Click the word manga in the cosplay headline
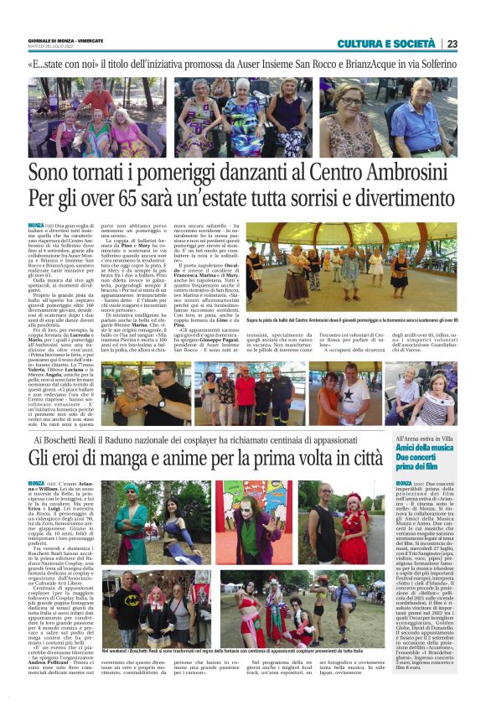[x=147, y=458]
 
